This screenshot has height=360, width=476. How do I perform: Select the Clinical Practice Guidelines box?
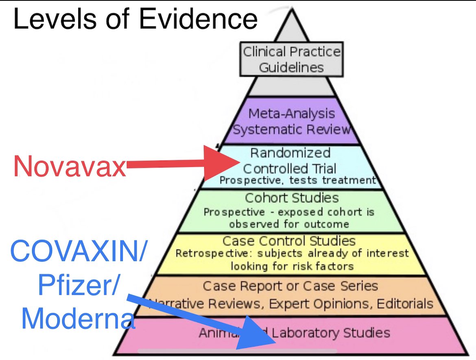tap(291, 59)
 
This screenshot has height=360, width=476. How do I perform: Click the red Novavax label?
tap(70, 166)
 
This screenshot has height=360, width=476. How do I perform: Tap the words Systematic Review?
tap(291, 130)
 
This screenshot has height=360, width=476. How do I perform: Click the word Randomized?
tap(290, 153)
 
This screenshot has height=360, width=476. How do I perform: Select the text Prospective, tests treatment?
tap(298, 180)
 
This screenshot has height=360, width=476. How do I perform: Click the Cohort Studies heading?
tap(292, 198)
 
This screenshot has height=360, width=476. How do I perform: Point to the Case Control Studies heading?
tap(289, 241)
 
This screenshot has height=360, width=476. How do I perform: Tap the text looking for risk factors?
tap(292, 266)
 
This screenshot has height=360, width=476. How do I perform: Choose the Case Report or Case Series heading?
tap(290, 286)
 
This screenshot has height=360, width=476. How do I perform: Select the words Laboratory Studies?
tap(331, 333)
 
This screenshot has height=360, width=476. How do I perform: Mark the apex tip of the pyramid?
tap(292, 9)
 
